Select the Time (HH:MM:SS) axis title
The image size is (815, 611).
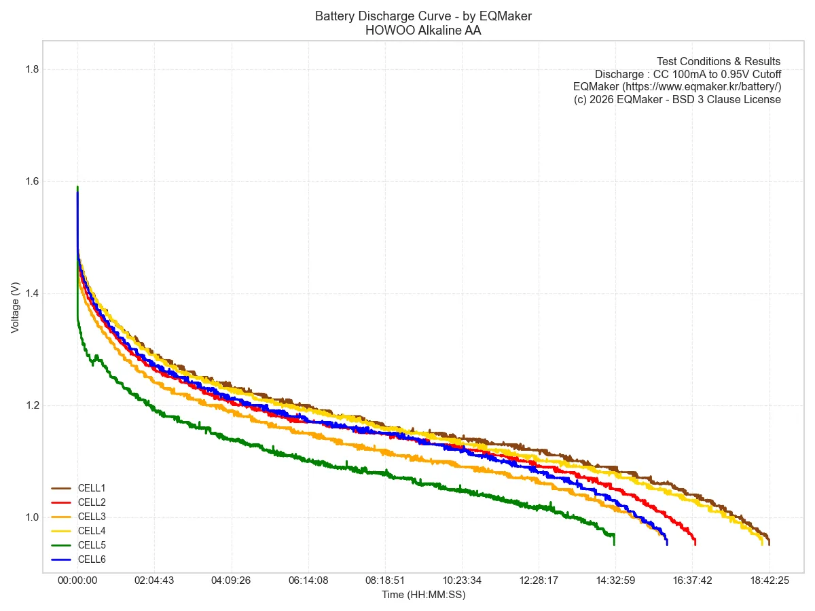coord(423,595)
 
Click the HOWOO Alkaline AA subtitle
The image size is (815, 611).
coord(423,30)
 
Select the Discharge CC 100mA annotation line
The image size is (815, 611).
coord(687,74)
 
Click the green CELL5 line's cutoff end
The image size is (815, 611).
coord(614,543)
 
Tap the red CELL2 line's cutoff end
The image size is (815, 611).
coord(695,543)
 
